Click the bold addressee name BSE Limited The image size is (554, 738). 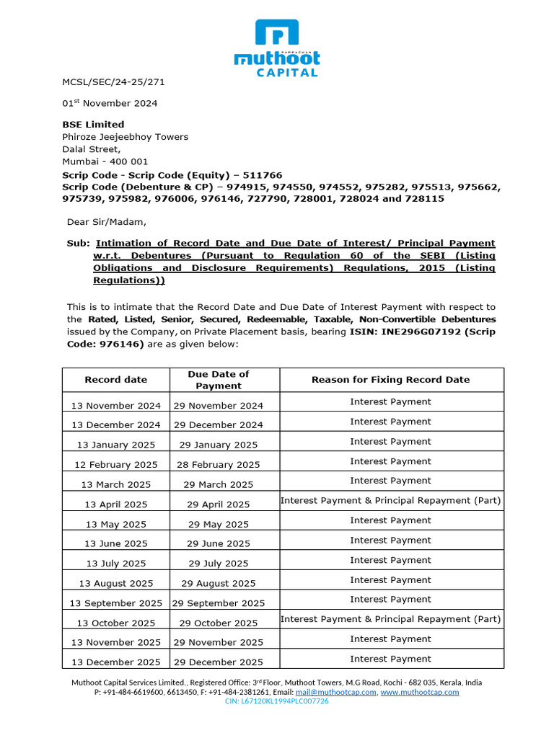coord(93,124)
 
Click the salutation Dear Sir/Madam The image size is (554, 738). coord(106,221)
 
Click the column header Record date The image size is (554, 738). coord(115,380)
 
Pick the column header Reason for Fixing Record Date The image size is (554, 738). coord(390,380)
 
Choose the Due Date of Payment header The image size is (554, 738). coord(219,380)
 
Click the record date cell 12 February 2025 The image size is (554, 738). coord(115,465)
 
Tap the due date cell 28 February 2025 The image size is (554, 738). coord(219,465)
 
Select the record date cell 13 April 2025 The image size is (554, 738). coord(115,504)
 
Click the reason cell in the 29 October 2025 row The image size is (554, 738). coord(390,619)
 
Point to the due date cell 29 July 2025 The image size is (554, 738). coord(219,564)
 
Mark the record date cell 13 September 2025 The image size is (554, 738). coord(115,603)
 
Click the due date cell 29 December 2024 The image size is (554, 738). coord(219,425)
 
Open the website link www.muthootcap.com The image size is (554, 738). coord(419,692)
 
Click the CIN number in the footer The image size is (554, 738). coord(277,701)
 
